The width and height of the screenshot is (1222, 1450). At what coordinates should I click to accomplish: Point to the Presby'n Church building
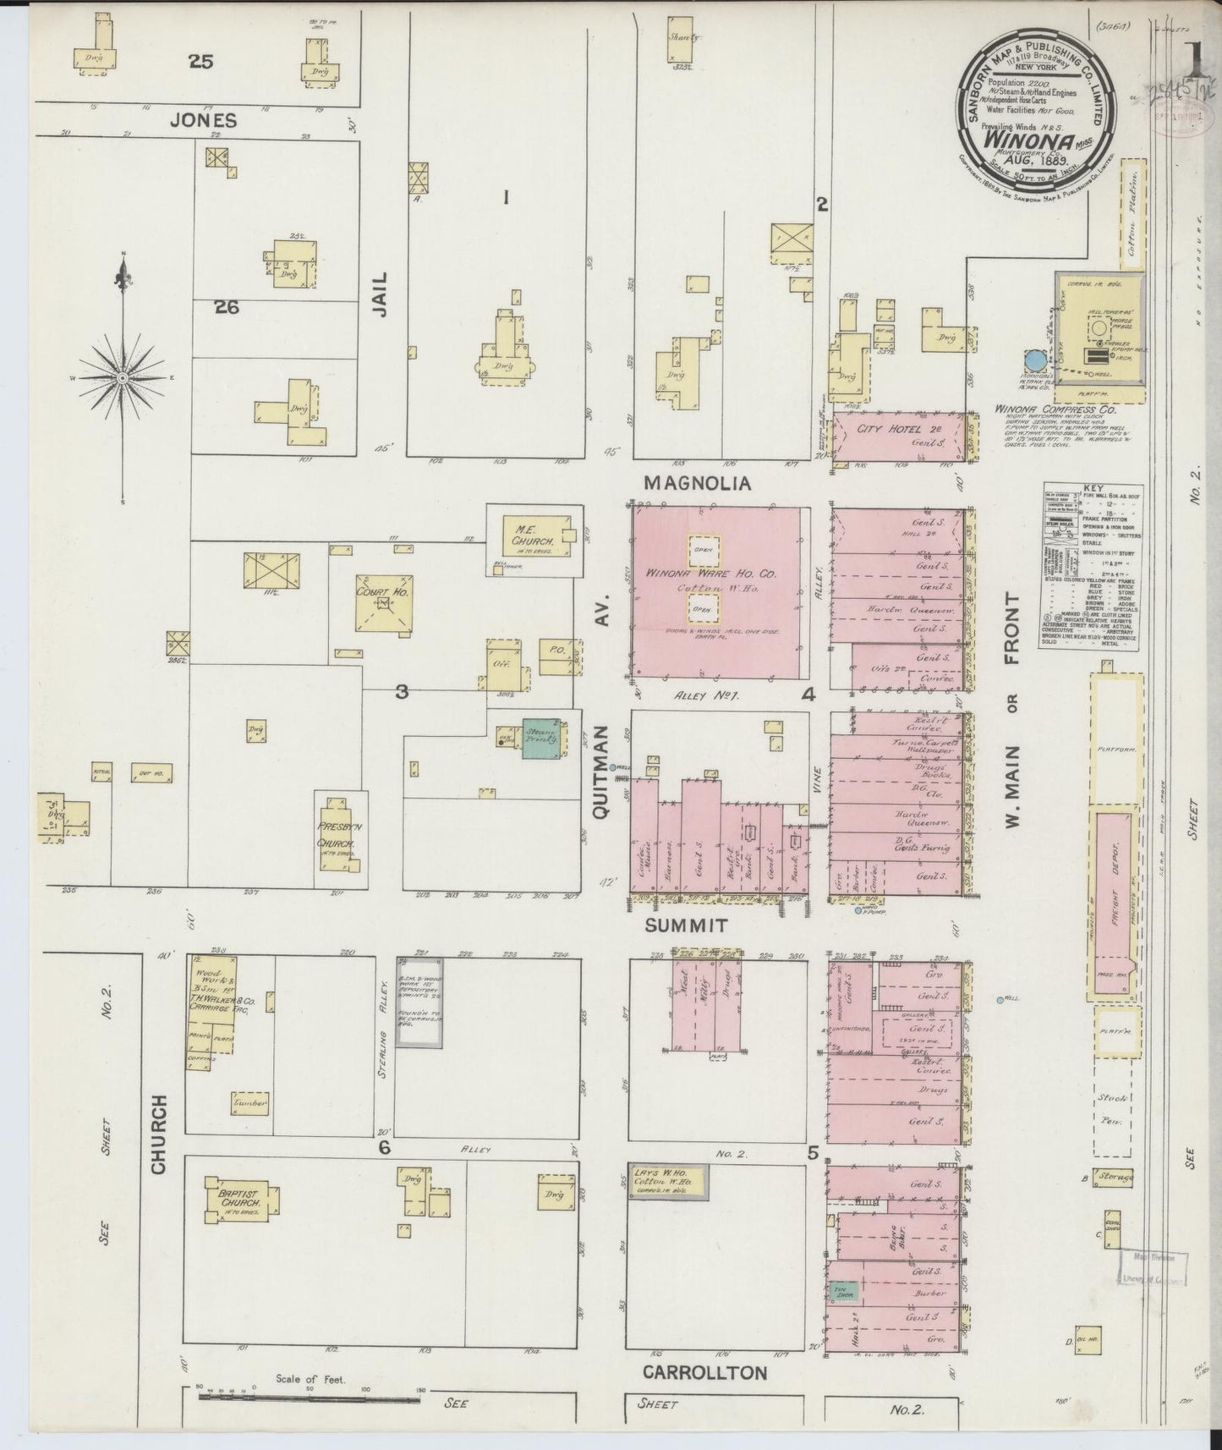pyautogui.click(x=340, y=838)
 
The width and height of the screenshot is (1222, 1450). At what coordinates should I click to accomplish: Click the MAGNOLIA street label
pyautogui.click(x=698, y=483)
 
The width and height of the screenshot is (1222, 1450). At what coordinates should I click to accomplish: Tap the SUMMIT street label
pyautogui.click(x=686, y=925)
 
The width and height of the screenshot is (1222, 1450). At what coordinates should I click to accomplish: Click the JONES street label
pyautogui.click(x=203, y=120)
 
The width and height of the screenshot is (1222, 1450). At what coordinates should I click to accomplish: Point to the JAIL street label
pyautogui.click(x=381, y=294)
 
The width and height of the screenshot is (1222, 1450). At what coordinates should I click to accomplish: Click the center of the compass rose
pyautogui.click(x=123, y=376)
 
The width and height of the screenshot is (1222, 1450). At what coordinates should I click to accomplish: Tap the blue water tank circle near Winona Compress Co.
pyautogui.click(x=1033, y=361)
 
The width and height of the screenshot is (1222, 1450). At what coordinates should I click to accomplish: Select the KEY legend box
pyautogui.click(x=1091, y=568)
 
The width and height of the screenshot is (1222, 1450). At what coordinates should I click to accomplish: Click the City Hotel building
pyautogui.click(x=898, y=437)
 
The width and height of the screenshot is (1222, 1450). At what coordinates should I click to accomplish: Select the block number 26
pyautogui.click(x=226, y=308)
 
